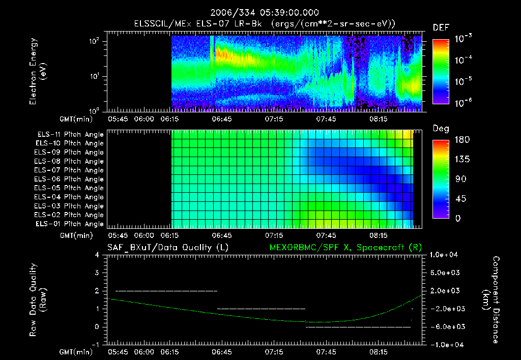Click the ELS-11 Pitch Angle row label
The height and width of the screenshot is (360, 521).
click(70, 134)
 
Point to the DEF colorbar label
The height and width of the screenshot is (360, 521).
click(441, 28)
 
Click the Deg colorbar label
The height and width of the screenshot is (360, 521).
click(441, 129)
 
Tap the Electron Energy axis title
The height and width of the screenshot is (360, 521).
click(38, 74)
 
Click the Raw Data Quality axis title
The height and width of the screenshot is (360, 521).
click(38, 300)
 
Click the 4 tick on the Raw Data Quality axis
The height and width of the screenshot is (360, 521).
click(97, 255)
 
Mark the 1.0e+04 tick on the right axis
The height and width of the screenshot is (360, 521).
click(446, 255)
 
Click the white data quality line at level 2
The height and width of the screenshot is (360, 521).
click(166, 291)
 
